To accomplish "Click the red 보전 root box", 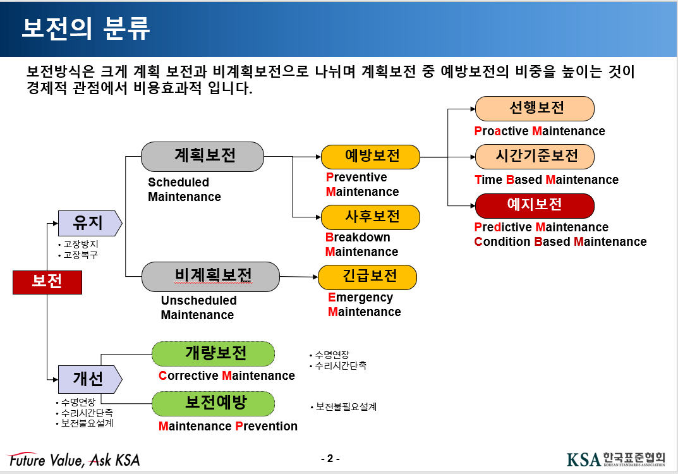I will (x=47, y=282).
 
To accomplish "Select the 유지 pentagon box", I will (x=88, y=222).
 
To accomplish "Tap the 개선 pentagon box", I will (x=88, y=378).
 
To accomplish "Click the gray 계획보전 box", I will (x=202, y=156).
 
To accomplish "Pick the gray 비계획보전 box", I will (x=210, y=276).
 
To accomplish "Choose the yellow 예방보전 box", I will (x=370, y=156).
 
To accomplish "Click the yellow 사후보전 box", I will (x=370, y=217).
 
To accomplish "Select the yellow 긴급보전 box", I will (x=367, y=277).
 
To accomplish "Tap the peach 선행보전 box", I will (x=535, y=108).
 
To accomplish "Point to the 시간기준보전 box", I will (x=535, y=156).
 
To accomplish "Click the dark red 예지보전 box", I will (x=535, y=205).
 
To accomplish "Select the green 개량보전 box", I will (x=214, y=353).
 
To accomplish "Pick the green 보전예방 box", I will (x=214, y=403).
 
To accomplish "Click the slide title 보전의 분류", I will (x=86, y=29).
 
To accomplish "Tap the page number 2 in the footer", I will (x=330, y=459).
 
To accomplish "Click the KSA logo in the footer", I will (x=616, y=459).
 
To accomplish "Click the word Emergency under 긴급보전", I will (x=360, y=298).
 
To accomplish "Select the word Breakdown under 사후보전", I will (x=358, y=238).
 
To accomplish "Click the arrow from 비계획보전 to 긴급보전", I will (x=298, y=277).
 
